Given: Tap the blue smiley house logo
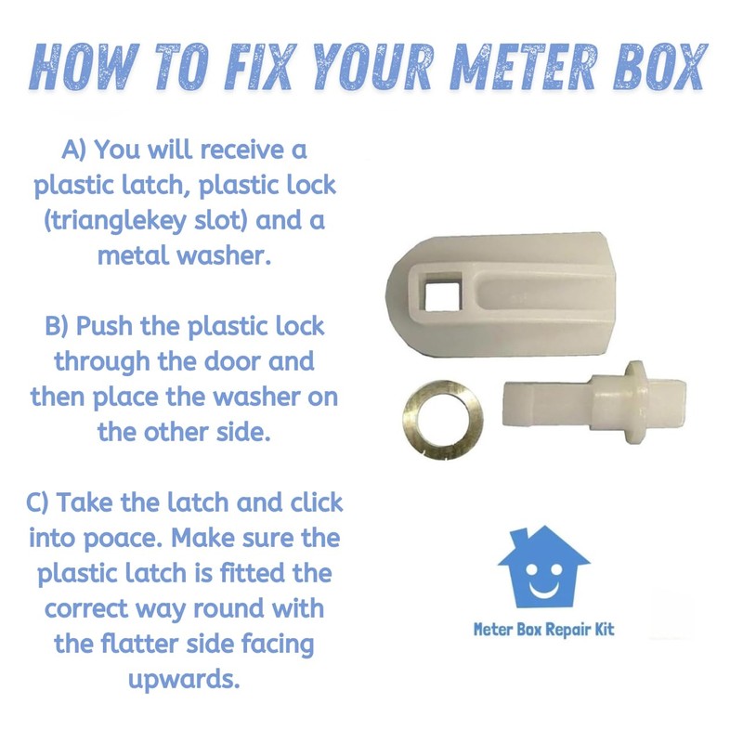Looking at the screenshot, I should point(543,567).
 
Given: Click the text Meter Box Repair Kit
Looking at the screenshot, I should point(543,629).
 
